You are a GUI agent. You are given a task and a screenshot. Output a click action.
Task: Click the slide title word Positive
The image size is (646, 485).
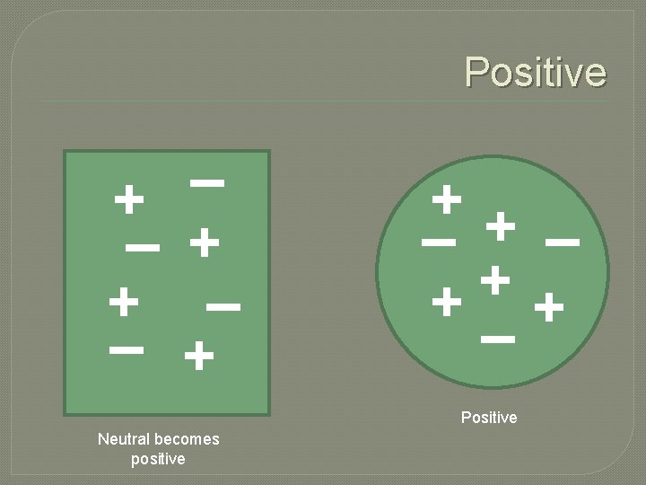coord(536,72)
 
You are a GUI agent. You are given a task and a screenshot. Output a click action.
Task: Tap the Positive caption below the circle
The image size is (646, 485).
coord(489,418)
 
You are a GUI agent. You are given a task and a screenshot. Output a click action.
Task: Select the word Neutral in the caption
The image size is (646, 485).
coord(124,439)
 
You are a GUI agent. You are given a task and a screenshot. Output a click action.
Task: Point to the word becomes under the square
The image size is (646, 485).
coord(187,439)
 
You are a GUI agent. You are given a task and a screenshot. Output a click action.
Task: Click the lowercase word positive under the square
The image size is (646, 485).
coord(158,459)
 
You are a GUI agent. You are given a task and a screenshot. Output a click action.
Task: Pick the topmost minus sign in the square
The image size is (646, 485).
coord(207,182)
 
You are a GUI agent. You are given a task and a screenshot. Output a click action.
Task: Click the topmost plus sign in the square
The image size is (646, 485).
coord(130,199)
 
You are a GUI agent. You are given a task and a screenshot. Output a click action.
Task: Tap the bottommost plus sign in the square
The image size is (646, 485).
coord(198,358)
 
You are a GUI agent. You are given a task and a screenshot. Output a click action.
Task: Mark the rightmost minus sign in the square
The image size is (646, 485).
coord(223,307)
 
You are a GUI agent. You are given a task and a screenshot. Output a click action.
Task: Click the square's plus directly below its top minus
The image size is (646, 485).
coord(205,242)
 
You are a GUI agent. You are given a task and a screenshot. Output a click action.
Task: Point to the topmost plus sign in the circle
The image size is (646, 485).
coord(446,198)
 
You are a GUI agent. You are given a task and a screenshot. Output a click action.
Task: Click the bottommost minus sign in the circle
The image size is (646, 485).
coord(497,339)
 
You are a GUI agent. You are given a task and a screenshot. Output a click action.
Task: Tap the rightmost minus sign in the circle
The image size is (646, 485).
coord(562,242)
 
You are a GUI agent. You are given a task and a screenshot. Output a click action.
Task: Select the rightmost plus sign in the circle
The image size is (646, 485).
coord(549,310)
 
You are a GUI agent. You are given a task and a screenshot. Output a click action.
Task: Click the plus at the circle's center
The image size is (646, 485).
coord(495,280)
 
